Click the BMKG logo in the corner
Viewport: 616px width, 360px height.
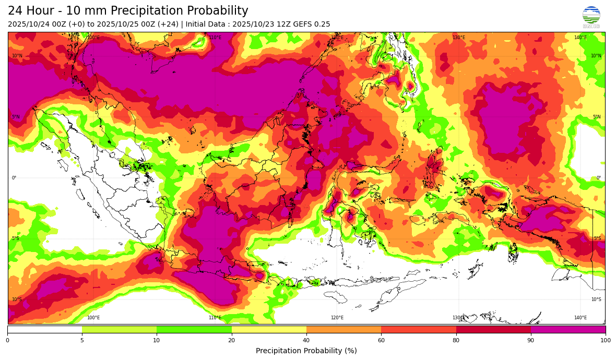pyautogui.click(x=591, y=17)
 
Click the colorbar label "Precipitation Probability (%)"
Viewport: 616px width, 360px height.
pyautogui.click(x=306, y=351)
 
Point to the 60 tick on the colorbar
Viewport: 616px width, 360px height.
pyautogui.click(x=381, y=340)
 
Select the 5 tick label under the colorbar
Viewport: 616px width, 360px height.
pyautogui.click(x=82, y=340)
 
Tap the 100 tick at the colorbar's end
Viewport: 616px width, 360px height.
pyautogui.click(x=605, y=340)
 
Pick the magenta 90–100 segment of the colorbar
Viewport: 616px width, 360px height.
pyautogui.click(x=568, y=329)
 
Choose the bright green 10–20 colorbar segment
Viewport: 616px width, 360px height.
pyautogui.click(x=194, y=329)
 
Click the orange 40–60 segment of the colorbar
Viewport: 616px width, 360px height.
pyautogui.click(x=343, y=329)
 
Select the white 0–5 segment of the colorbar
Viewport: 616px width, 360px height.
pyautogui.click(x=45, y=329)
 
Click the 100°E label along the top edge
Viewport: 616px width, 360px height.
pyautogui.click(x=93, y=38)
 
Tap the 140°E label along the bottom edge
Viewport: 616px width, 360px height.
pyautogui.click(x=580, y=318)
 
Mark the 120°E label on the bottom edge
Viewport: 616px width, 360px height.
pyautogui.click(x=337, y=318)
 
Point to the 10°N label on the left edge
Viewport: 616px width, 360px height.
pyautogui.click(x=17, y=56)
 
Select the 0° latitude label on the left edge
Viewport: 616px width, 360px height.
pyautogui.click(x=14, y=178)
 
